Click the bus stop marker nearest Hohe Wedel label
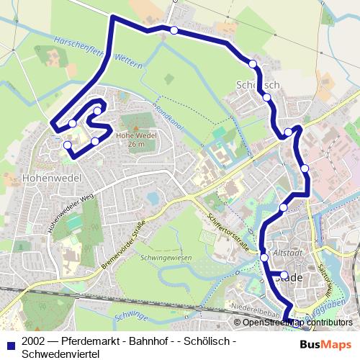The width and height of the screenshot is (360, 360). pos(94,141)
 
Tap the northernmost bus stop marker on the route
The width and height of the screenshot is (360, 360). pos(174,30)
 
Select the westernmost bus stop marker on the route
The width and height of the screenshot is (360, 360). pos(68,145)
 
